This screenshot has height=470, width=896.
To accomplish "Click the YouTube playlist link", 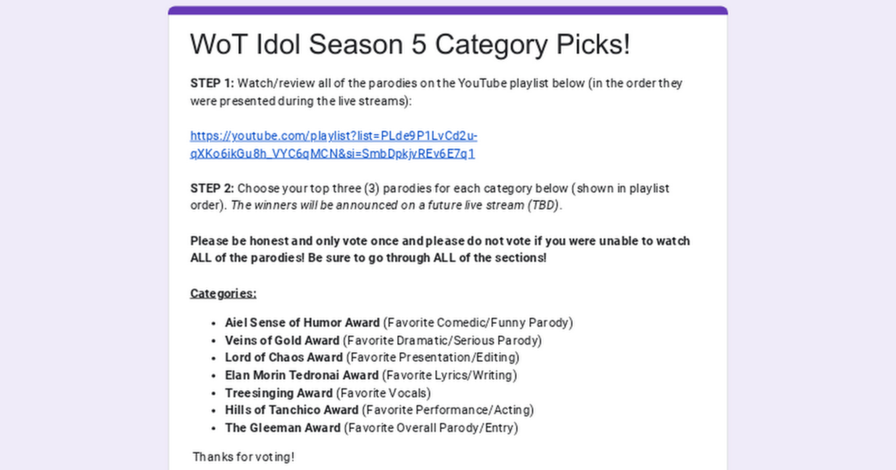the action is pos(334,145).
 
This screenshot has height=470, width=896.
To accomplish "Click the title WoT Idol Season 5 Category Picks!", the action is pos(410,44).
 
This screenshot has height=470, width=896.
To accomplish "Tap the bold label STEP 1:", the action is pos(212,83).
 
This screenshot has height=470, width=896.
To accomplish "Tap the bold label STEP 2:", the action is pos(212,188).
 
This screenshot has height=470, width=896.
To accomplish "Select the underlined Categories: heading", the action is pos(223,294).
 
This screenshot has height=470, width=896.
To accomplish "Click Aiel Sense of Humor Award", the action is pos(302,322).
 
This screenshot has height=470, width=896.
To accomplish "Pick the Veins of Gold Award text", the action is pos(282,340).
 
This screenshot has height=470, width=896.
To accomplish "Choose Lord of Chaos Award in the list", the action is pos(284,357).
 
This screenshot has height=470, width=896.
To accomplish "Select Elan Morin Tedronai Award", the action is pos(302,375).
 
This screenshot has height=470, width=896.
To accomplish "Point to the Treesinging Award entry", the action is pos(279,393).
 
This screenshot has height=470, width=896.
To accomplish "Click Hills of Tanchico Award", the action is pos(292,410).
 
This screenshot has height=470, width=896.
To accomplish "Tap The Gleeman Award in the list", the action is pos(283,428).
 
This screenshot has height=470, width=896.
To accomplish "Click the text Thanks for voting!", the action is pos(244,457).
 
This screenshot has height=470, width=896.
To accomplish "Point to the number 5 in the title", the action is pos(418,44).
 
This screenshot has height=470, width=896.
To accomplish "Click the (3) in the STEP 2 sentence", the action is pos(372,188).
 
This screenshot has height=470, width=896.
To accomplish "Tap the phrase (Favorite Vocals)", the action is pos(383,393).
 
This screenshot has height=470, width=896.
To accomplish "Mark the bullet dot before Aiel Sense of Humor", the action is pos(214,323).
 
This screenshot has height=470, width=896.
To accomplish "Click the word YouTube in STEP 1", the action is pos(482,83).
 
